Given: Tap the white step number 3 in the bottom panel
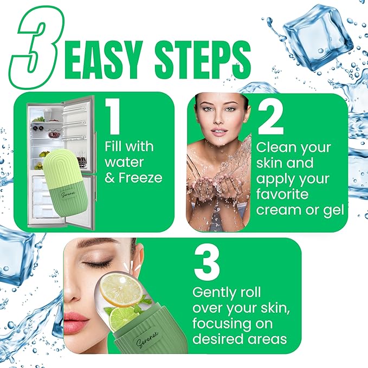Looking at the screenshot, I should point(206,264).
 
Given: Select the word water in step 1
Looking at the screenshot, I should point(124,162).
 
